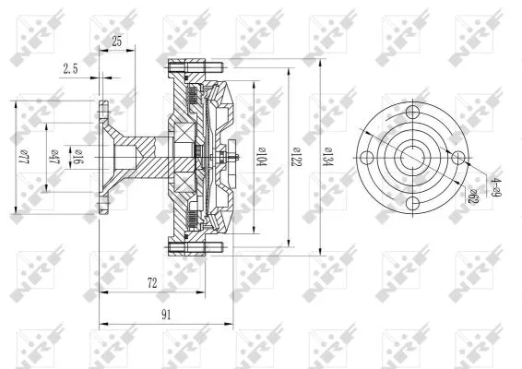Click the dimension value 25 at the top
(x=116, y=42)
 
